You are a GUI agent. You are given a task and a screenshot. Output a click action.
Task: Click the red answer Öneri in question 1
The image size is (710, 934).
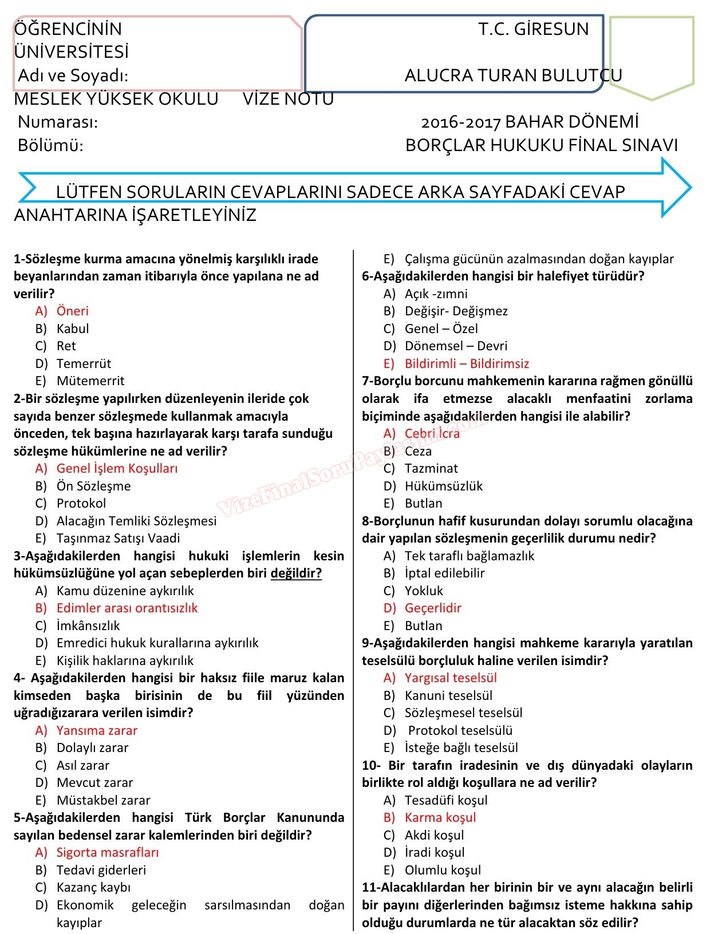(72, 311)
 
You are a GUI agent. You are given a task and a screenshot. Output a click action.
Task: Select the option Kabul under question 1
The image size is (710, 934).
(72, 329)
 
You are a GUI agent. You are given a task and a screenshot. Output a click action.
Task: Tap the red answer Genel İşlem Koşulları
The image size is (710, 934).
(117, 468)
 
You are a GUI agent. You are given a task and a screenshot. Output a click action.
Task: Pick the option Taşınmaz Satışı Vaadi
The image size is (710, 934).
(118, 538)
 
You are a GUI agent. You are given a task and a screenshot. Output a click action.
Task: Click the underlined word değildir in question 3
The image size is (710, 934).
(296, 573)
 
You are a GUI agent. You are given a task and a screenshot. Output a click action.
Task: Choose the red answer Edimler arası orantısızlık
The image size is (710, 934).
(127, 608)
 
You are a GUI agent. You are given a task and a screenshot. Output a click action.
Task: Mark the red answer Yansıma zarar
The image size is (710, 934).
(97, 730)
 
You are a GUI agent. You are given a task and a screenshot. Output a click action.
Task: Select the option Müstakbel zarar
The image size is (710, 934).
(103, 800)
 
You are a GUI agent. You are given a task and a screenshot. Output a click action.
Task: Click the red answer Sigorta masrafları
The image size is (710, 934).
(108, 852)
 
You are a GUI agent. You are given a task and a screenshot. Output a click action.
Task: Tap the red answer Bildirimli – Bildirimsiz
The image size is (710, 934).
(467, 363)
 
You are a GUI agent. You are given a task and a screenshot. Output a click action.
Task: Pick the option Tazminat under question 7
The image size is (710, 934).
(431, 468)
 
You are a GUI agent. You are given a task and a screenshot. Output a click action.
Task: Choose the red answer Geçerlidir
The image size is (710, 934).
(433, 608)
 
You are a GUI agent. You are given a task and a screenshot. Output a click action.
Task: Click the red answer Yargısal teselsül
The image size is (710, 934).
(451, 678)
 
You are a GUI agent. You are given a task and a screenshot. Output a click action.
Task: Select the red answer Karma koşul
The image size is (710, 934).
(440, 817)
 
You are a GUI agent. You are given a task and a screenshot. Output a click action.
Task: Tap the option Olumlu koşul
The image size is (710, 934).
(443, 870)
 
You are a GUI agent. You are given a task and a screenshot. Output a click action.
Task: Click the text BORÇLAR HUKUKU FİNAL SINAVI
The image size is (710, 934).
(541, 145)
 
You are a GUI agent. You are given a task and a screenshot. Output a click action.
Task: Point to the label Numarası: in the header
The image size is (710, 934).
(58, 122)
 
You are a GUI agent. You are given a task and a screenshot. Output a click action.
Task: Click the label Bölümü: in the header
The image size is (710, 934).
(50, 145)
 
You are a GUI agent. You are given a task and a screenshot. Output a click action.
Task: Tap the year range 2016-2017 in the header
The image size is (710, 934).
(460, 122)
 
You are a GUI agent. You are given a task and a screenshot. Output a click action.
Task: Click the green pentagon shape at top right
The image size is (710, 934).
(652, 54)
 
